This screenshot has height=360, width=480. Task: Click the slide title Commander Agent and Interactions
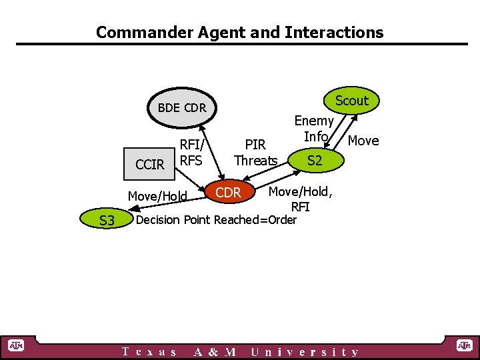click(239, 32)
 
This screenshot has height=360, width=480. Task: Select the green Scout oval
click(351, 101)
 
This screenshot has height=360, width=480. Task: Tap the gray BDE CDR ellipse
click(181, 108)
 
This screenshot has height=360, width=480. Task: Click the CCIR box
click(149, 164)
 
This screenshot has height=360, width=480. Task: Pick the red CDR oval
click(229, 193)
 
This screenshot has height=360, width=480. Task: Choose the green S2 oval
click(315, 160)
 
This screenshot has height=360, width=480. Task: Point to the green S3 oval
click(107, 219)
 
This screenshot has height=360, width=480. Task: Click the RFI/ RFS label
click(192, 153)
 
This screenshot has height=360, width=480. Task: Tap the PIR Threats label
click(255, 153)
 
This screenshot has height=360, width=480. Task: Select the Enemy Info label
click(314, 129)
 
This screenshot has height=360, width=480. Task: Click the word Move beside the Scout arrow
click(363, 141)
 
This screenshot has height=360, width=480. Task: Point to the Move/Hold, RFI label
click(299, 199)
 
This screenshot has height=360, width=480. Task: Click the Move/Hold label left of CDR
click(157, 196)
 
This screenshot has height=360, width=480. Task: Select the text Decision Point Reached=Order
click(216, 220)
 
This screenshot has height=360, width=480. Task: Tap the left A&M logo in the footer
click(15, 345)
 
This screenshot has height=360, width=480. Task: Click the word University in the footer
click(305, 352)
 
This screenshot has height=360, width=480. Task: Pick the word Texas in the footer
click(149, 352)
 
